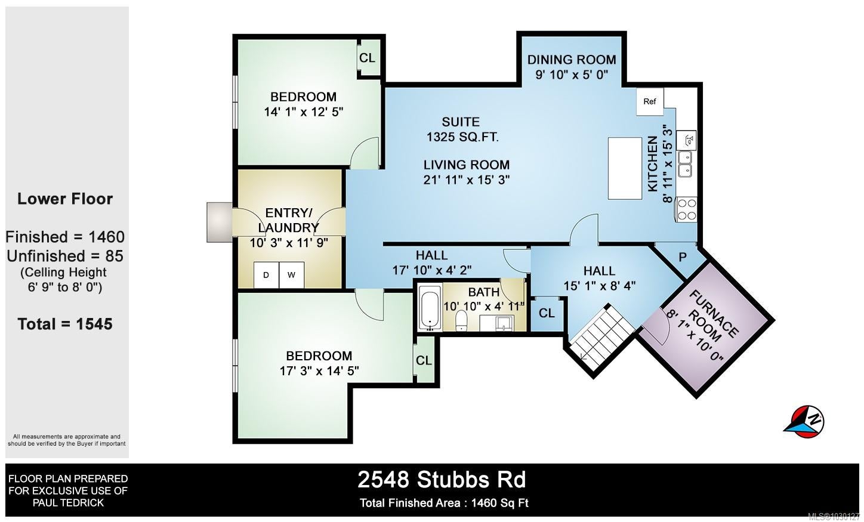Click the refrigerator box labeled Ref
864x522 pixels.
tap(650, 101)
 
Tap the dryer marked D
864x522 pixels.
tap(266, 275)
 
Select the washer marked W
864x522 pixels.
tap(292, 275)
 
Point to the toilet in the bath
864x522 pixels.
tap(461, 321)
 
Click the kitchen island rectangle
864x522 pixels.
tap(625, 168)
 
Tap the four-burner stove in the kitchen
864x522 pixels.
tap(687, 209)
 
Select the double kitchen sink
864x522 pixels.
tap(686, 164)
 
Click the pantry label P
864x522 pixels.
tap(683, 257)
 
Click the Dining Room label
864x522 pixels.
tap(572, 60)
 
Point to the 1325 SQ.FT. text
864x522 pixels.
tap(462, 137)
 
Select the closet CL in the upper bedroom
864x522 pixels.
tap(367, 58)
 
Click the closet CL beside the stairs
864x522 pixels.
tap(547, 313)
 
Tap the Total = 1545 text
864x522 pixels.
tap(65, 324)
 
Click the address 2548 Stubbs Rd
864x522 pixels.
tap(442, 480)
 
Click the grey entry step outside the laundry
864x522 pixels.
tap(220, 223)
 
